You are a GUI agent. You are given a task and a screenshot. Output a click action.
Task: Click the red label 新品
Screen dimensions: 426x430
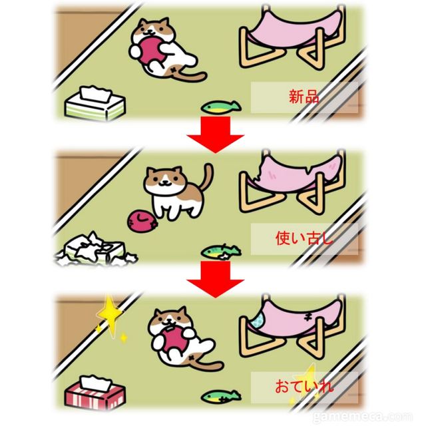tap(304, 97)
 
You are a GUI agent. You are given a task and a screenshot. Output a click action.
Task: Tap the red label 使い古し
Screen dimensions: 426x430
tap(304, 238)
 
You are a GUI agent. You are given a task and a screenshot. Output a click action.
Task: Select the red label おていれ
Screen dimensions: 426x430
tap(304, 386)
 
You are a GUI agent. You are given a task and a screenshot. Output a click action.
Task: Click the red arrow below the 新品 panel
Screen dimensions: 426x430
tap(216, 134)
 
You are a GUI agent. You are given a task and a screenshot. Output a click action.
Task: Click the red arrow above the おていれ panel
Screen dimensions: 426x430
tap(216, 279)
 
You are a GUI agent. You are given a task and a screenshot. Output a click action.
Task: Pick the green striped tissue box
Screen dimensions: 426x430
tap(95, 103)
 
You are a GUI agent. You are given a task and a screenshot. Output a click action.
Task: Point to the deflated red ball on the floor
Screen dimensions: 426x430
tap(142, 221)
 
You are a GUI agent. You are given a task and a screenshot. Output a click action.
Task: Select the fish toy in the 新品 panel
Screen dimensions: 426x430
tap(221, 107)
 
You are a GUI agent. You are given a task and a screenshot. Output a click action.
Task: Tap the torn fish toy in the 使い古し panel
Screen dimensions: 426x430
tap(221, 252)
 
